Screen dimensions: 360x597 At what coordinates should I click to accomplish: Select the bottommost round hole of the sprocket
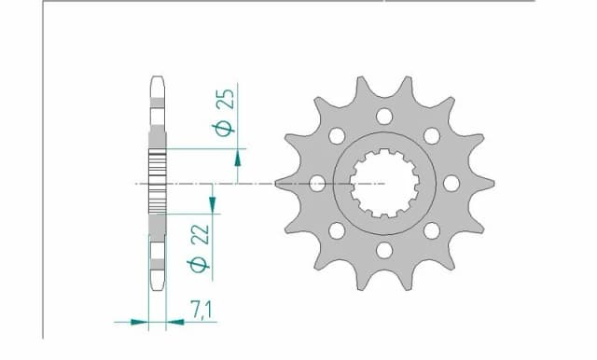coord(383,250)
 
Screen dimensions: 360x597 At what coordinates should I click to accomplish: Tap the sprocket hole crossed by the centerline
coord(316,183)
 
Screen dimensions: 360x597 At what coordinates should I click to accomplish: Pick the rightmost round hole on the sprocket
coord(451,183)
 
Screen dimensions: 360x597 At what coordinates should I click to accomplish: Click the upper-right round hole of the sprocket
coord(431,136)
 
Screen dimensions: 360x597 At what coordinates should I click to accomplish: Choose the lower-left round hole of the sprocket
coord(336,230)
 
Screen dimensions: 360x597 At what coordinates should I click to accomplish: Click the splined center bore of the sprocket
coord(383,183)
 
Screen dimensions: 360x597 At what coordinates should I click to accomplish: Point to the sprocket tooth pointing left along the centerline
coord(280,184)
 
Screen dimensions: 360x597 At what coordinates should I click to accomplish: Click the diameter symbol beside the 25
coord(225,128)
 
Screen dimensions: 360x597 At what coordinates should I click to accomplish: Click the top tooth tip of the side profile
coord(157,78)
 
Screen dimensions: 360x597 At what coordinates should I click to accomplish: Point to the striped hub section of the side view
coord(157,171)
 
